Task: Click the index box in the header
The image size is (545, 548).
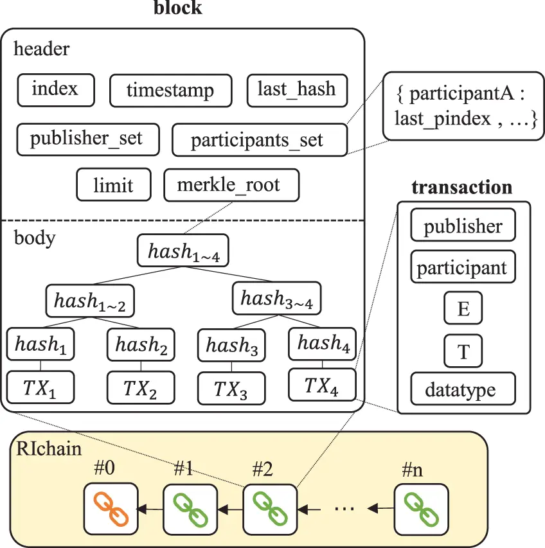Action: (x=56, y=89)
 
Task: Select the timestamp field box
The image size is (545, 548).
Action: (x=170, y=91)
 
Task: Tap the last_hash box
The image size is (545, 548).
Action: (x=296, y=89)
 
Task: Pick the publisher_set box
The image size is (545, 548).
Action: (x=86, y=138)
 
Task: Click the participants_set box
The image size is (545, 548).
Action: (x=259, y=140)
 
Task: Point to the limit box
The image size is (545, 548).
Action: (x=113, y=185)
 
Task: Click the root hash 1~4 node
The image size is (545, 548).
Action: (x=183, y=251)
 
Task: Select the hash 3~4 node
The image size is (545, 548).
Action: (x=276, y=299)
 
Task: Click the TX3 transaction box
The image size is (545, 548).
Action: (x=231, y=387)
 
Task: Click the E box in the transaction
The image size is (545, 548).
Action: (x=463, y=309)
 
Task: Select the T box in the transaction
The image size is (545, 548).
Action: (x=463, y=351)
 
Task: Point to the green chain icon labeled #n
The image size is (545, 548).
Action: (x=420, y=509)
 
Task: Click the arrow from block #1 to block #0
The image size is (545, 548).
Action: (x=151, y=509)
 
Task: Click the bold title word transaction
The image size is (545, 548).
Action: (x=461, y=188)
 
